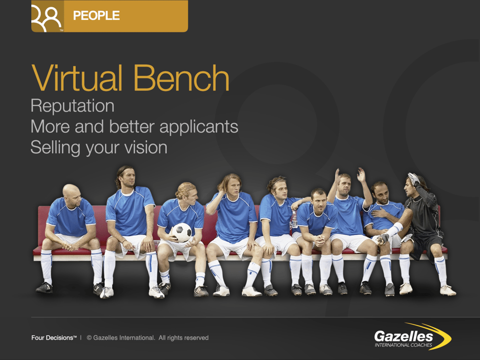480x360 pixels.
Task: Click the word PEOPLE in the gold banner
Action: coord(96,16)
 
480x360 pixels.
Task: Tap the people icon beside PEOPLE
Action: coord(47,18)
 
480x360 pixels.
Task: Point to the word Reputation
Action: coord(72,106)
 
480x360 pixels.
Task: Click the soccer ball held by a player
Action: coord(182,233)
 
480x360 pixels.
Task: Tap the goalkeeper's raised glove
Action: coord(413,179)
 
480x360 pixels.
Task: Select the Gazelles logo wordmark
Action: coord(403,335)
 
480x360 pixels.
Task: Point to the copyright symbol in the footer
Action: coord(89,338)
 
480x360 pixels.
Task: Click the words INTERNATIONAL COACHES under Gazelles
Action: coord(403,345)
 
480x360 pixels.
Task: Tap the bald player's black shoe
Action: coord(44,287)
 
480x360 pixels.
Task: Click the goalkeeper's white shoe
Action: coord(448,290)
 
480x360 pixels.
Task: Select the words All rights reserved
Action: coord(184,338)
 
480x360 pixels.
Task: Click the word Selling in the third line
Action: coord(53,147)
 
